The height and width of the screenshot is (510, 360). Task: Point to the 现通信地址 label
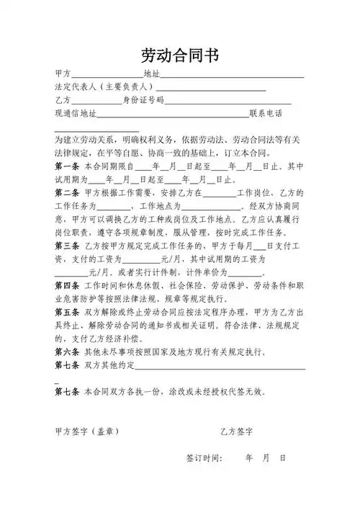tap(76, 114)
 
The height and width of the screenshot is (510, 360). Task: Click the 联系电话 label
tap(266, 114)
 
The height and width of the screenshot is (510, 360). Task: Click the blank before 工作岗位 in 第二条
tap(220, 194)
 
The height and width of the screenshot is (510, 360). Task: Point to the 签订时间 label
tap(204, 458)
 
